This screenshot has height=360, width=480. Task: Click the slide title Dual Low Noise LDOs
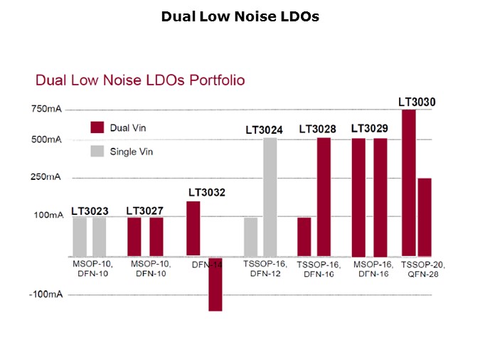[240, 16]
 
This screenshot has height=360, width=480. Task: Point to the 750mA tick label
[46, 110]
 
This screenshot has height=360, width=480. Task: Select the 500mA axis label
[46, 139]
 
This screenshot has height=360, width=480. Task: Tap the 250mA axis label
[46, 176]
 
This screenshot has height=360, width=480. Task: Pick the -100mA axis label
[45, 294]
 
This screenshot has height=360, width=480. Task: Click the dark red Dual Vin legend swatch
[97, 127]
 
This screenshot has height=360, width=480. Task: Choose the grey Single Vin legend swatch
[97, 151]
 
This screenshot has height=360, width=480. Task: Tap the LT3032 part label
[207, 192]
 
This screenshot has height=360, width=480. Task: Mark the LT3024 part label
[264, 129]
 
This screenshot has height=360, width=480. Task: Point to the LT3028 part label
[317, 129]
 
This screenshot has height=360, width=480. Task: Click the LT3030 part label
[417, 102]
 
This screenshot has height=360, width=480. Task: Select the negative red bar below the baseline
[215, 284]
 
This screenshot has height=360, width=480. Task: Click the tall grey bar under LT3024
[270, 196]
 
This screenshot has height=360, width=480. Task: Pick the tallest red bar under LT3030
[408, 183]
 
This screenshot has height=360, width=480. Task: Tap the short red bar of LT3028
[304, 236]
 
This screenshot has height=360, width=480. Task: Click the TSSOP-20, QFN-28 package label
[420, 268]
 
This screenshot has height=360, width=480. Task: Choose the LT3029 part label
[370, 129]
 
